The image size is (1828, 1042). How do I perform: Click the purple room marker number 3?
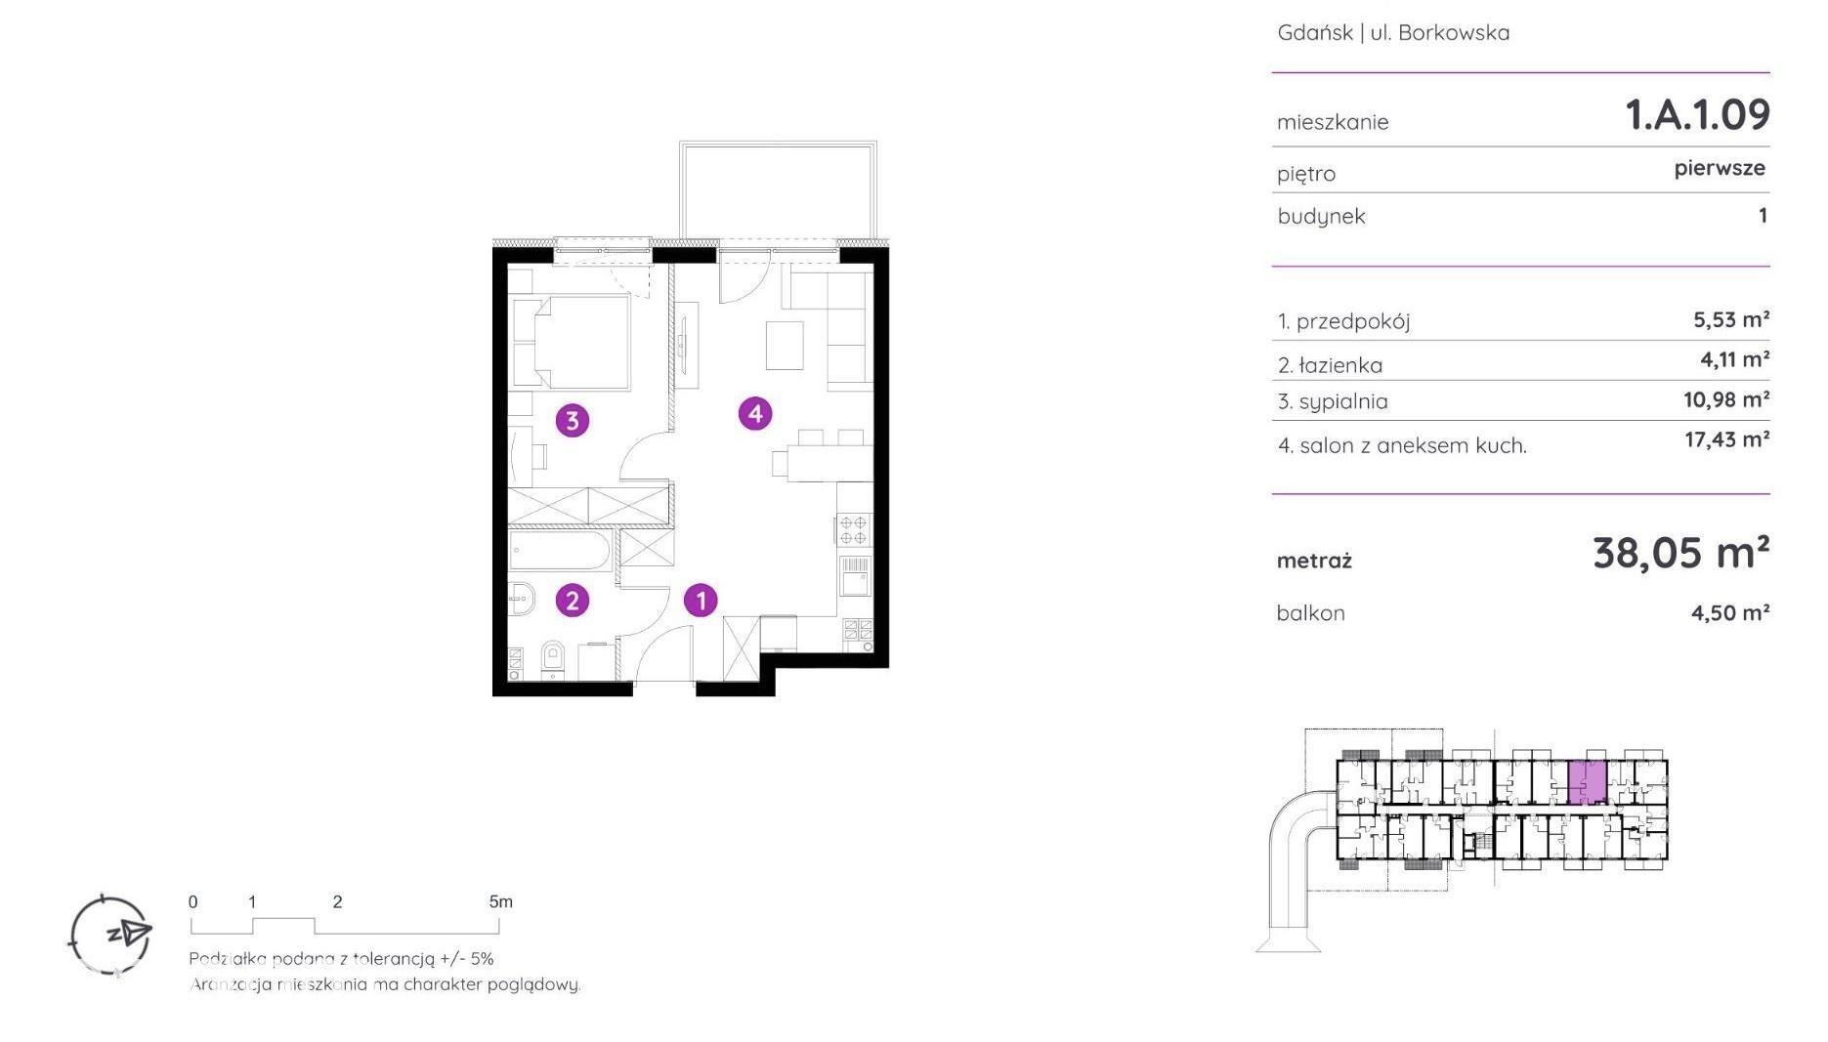pyautogui.click(x=573, y=421)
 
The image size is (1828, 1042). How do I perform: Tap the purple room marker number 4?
pyautogui.click(x=755, y=414)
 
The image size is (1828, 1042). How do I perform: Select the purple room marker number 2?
pyautogui.click(x=573, y=600)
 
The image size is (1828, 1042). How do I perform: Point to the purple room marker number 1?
pyautogui.click(x=701, y=600)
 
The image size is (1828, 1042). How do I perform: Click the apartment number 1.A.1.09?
pyautogui.click(x=1697, y=115)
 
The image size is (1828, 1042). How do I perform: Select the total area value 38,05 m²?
pyautogui.click(x=1680, y=553)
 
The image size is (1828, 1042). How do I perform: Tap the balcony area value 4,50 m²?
pyautogui.click(x=1730, y=612)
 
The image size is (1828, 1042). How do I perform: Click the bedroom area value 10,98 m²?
pyautogui.click(x=1727, y=399)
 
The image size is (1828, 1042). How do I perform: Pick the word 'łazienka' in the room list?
pyautogui.click(x=1340, y=365)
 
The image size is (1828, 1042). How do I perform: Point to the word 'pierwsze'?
pyautogui.click(x=1720, y=168)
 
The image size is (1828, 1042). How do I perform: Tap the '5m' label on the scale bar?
pyautogui.click(x=500, y=901)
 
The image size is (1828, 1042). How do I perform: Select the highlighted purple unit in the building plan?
pyautogui.click(x=1587, y=781)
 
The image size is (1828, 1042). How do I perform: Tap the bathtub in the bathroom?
pyautogui.click(x=560, y=550)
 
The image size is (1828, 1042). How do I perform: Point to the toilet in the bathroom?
pyautogui.click(x=553, y=658)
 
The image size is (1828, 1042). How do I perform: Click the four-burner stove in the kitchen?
pyautogui.click(x=854, y=529)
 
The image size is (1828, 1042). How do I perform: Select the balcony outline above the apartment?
pyautogui.click(x=779, y=190)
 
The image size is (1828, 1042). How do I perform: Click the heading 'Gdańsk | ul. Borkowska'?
pyautogui.click(x=1393, y=32)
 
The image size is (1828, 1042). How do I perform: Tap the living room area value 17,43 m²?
pyautogui.click(x=1727, y=439)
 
